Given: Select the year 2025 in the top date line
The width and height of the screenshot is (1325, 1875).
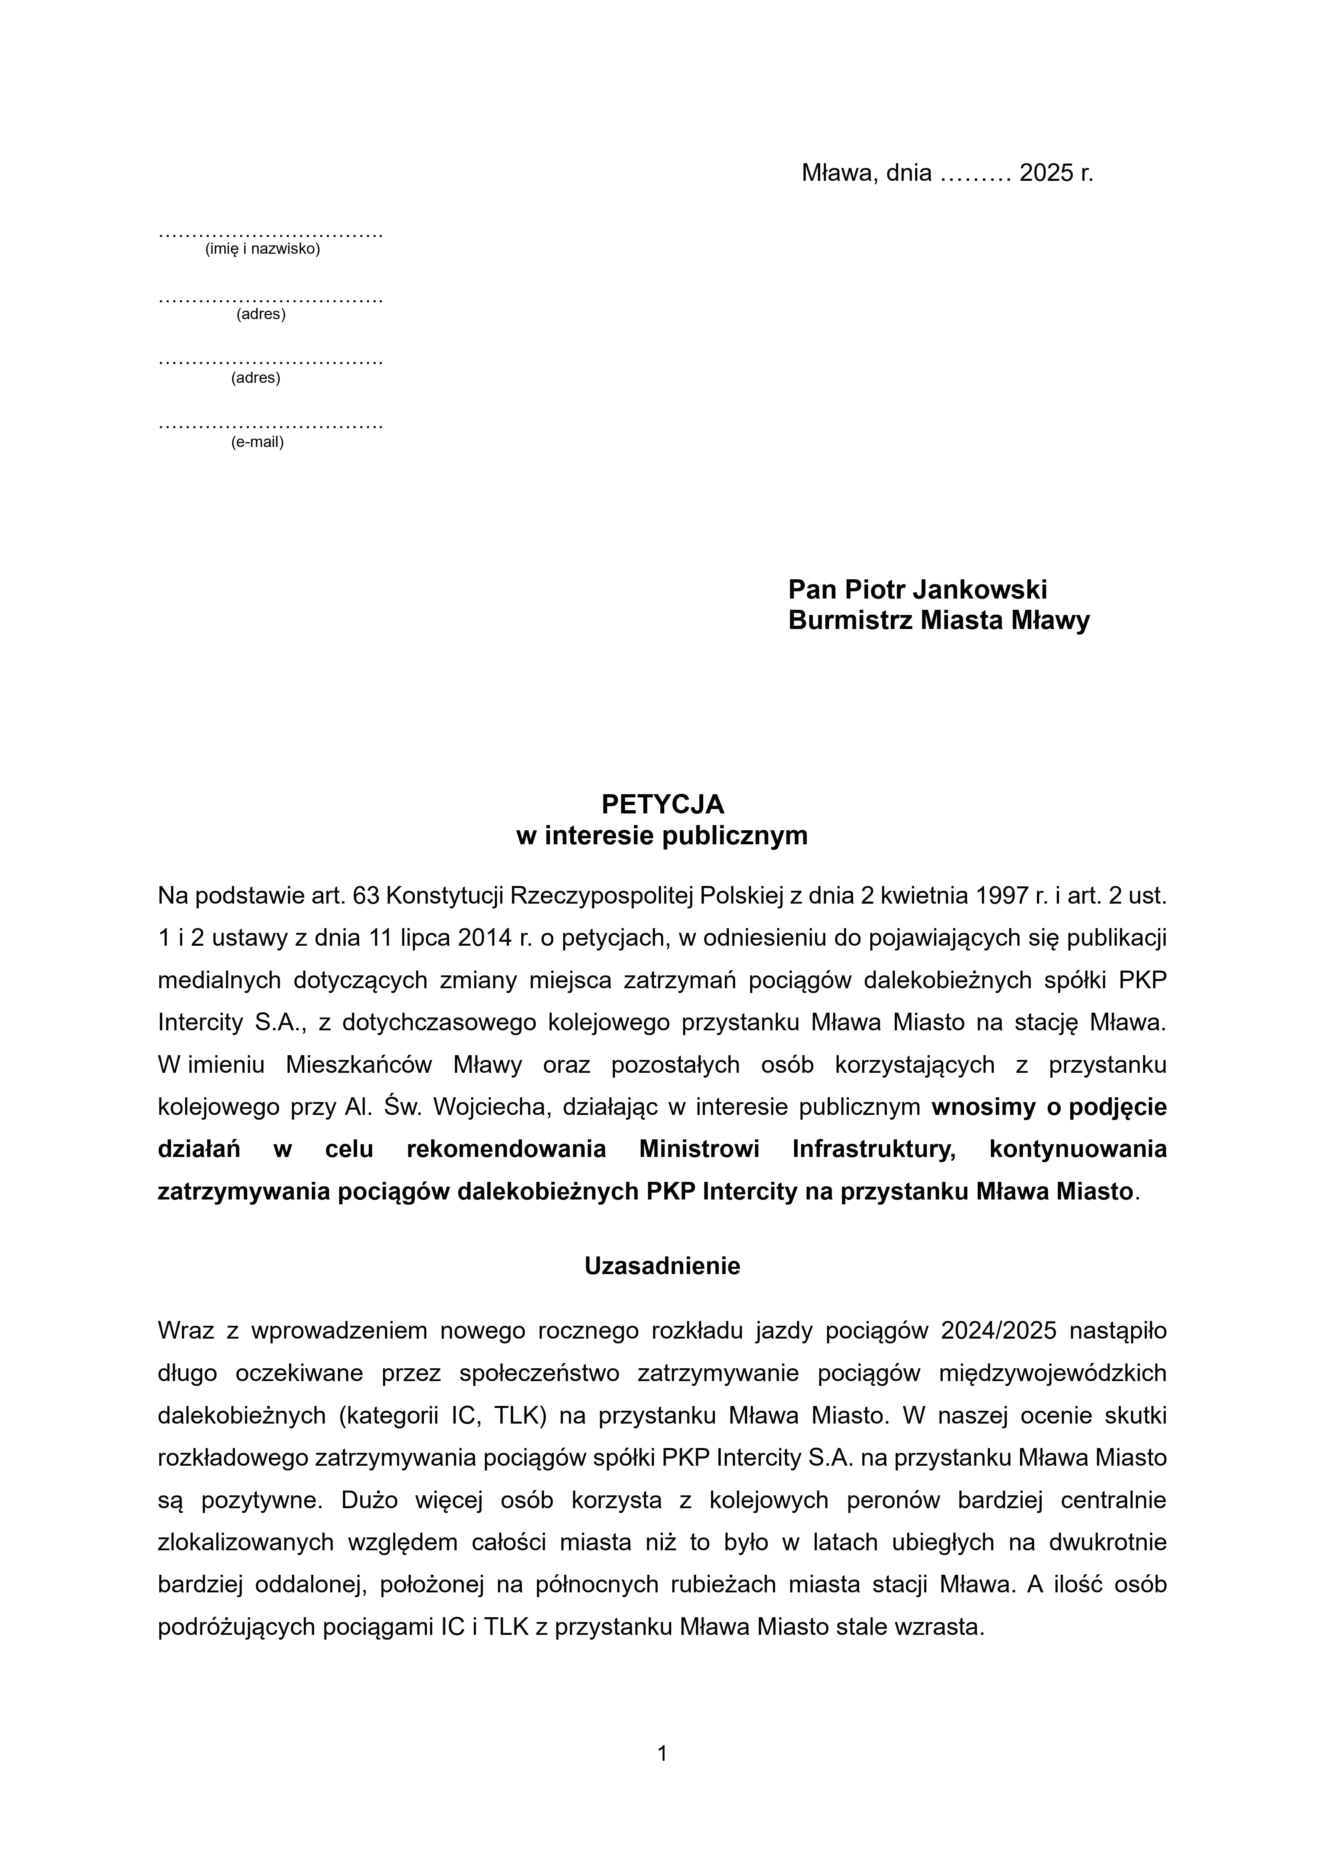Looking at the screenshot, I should [1046, 173].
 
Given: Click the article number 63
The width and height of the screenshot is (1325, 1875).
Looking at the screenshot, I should [365, 896].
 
